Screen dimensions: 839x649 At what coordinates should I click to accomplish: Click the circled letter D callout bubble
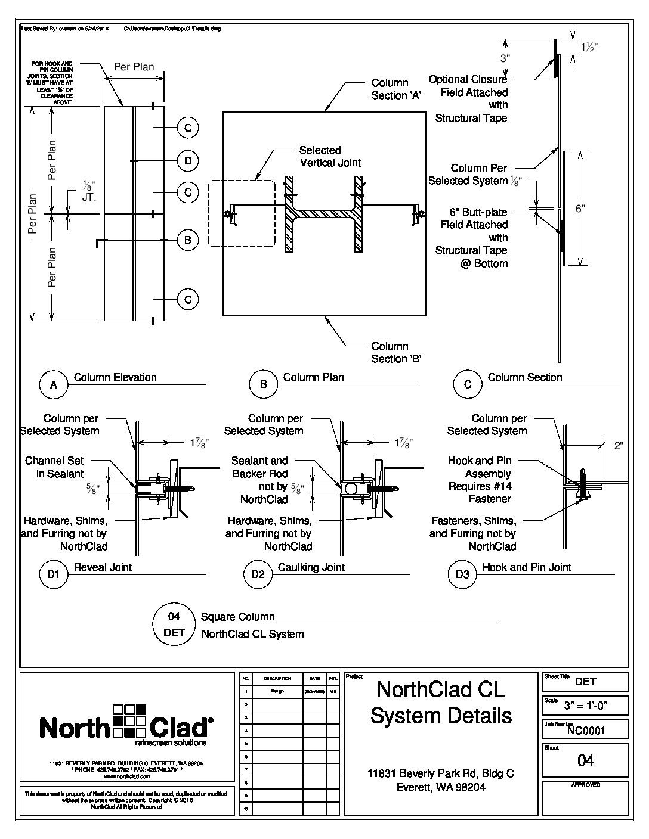(x=188, y=160)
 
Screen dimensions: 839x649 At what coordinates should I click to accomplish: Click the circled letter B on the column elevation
(x=188, y=240)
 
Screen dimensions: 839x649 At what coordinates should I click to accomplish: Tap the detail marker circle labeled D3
(x=462, y=574)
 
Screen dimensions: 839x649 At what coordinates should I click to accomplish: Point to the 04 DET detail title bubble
(x=174, y=624)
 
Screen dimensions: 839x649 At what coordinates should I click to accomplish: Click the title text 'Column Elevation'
(x=115, y=377)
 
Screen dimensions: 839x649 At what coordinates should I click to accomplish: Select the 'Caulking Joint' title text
(x=311, y=567)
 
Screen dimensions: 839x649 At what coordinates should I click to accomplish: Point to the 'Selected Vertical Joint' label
(x=330, y=156)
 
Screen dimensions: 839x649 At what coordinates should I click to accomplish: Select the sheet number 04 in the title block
(x=586, y=760)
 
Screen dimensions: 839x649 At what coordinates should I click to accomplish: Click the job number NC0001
(x=586, y=731)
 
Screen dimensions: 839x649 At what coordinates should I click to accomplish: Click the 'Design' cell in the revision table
(x=277, y=691)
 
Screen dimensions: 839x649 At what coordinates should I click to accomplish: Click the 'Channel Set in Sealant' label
(x=54, y=467)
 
